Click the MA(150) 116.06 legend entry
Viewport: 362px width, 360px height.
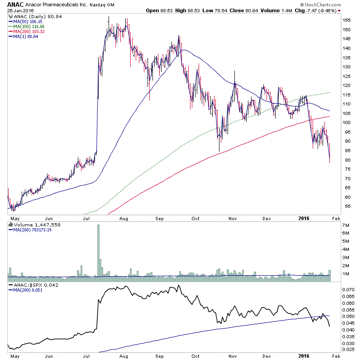click(x=28, y=26)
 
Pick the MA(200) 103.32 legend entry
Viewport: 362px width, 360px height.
click(x=28, y=31)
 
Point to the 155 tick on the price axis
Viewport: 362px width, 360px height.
click(x=346, y=20)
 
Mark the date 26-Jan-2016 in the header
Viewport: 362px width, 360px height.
click(x=14, y=11)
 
